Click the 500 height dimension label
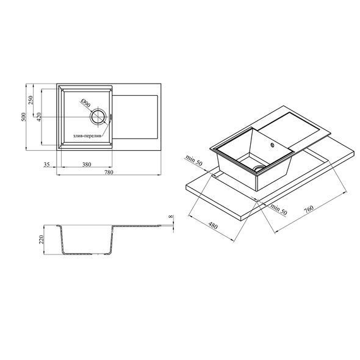tap(24, 117)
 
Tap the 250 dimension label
tap(31, 100)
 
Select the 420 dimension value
tap(38, 117)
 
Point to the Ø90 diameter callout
tap(85, 104)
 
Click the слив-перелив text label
tap(87, 136)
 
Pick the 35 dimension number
tap(46, 164)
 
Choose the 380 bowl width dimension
tap(87, 164)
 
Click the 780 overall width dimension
tap(109, 172)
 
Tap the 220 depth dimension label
tap(41, 240)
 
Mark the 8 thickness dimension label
tap(170, 216)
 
